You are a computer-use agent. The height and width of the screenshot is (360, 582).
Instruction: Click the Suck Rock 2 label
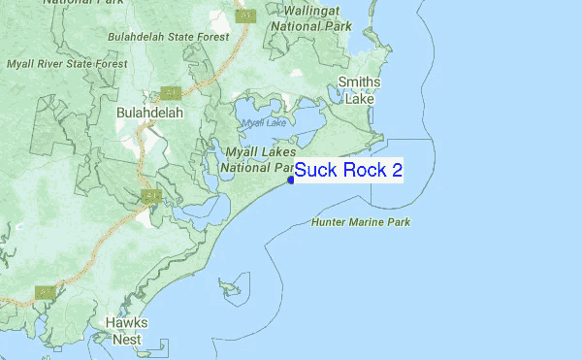pos(348,171)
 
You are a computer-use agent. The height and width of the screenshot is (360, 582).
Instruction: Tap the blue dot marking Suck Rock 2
pos(291,179)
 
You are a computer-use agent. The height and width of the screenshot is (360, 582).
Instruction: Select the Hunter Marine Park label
pos(361,222)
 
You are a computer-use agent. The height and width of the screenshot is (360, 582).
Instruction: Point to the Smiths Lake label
pos(359,90)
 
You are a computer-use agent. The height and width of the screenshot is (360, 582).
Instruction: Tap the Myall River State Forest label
pos(66,64)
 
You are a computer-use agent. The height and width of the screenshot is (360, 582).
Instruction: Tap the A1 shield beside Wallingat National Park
pos(247,16)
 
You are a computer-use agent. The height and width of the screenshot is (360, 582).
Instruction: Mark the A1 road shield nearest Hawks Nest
pos(44,291)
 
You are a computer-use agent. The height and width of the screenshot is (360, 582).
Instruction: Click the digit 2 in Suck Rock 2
pos(396,171)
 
